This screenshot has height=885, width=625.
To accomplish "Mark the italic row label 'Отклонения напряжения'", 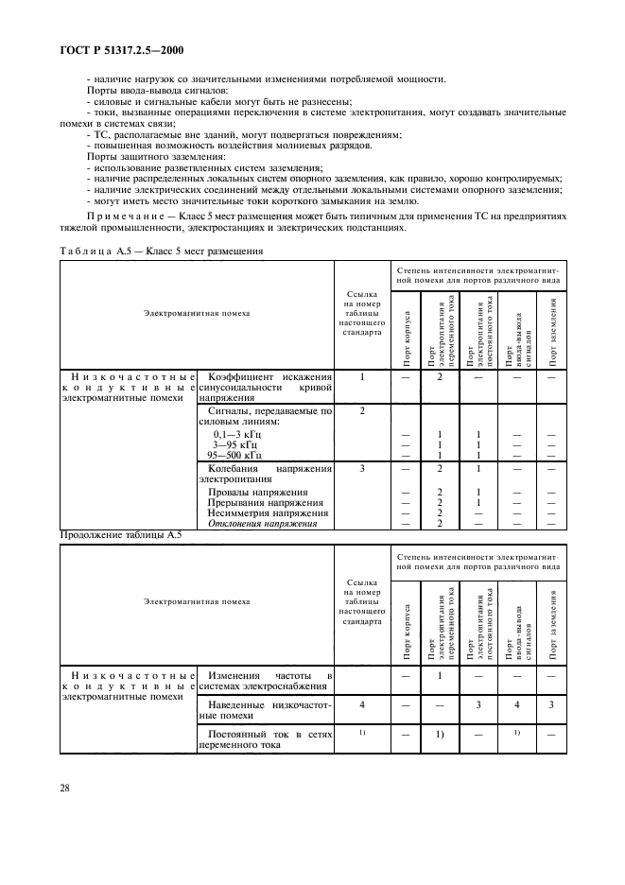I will (x=262, y=524).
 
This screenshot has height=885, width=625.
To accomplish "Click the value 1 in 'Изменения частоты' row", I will (x=440, y=676).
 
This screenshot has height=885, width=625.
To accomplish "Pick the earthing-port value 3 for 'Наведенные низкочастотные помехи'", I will (x=552, y=704).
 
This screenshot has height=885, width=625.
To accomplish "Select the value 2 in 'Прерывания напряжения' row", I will (x=440, y=503).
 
